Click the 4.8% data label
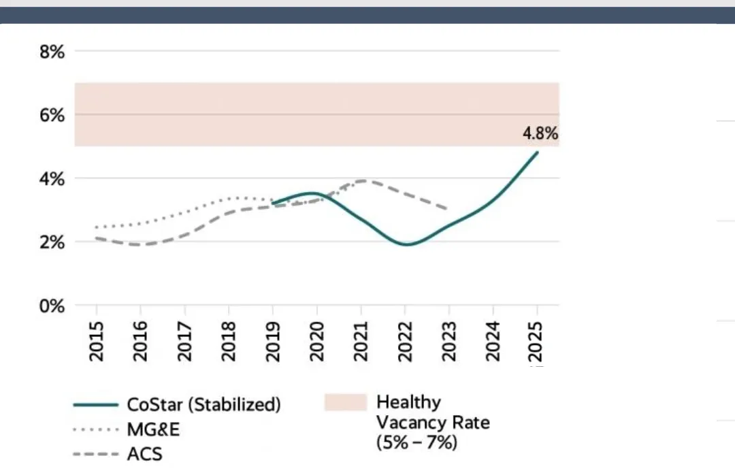pyautogui.click(x=540, y=133)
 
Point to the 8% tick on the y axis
pyautogui.click(x=52, y=52)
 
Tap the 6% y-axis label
pyautogui.click(x=52, y=115)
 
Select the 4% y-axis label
pyautogui.click(x=52, y=178)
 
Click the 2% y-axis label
pyautogui.click(x=52, y=242)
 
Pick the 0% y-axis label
pyautogui.click(x=52, y=306)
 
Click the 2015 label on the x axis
pyautogui.click(x=97, y=342)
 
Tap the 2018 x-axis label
pyautogui.click(x=229, y=342)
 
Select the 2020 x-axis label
pyautogui.click(x=317, y=342)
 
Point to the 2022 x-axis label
pyautogui.click(x=405, y=342)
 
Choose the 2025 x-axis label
pyautogui.click(x=536, y=342)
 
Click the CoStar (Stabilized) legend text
pyautogui.click(x=204, y=404)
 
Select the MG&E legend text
pyautogui.click(x=153, y=429)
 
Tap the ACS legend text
pyautogui.click(x=145, y=454)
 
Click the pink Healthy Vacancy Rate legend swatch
pyautogui.click(x=346, y=402)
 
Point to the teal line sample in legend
pyautogui.click(x=96, y=405)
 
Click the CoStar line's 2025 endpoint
pyautogui.click(x=537, y=152)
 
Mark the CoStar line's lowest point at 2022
pyautogui.click(x=408, y=244)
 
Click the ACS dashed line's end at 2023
pyautogui.click(x=448, y=208)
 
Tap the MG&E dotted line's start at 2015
pyautogui.click(x=97, y=227)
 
